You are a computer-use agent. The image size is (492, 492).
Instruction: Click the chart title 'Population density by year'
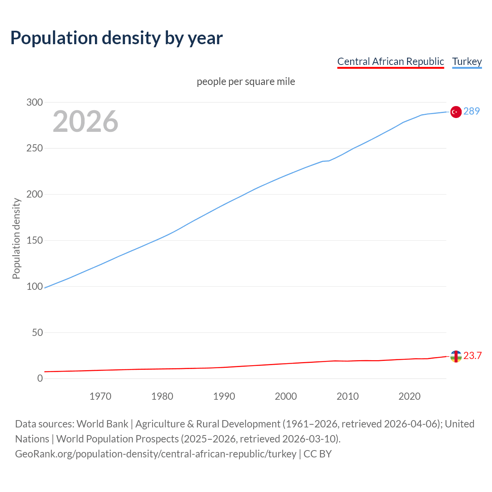click(x=116, y=38)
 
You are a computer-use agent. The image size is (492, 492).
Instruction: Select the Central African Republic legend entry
click(x=391, y=61)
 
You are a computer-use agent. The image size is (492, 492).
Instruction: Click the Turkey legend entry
click(x=467, y=61)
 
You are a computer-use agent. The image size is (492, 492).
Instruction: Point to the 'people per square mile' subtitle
click(x=246, y=81)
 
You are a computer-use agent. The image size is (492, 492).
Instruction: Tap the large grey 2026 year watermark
click(x=85, y=121)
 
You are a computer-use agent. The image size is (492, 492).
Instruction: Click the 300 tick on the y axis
click(x=35, y=102)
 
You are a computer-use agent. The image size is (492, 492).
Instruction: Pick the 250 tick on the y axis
click(x=35, y=148)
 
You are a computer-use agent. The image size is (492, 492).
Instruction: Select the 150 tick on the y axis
click(x=35, y=241)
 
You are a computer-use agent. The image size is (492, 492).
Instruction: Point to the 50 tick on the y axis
click(x=37, y=332)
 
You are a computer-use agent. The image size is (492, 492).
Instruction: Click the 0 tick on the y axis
click(x=40, y=378)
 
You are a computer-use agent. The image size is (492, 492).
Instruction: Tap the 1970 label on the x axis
click(x=100, y=396)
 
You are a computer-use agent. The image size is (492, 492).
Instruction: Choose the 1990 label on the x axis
click(x=224, y=396)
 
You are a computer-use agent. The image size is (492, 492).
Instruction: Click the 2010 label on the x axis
click(x=347, y=396)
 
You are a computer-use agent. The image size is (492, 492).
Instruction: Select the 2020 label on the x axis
click(x=409, y=396)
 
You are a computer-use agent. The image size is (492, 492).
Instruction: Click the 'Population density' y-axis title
click(x=16, y=238)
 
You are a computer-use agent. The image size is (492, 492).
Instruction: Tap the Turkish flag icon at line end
click(x=456, y=112)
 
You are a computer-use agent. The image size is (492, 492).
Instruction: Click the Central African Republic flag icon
click(x=456, y=356)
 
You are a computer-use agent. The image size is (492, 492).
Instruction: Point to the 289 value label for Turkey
click(x=472, y=111)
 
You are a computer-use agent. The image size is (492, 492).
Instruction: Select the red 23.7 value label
click(x=472, y=356)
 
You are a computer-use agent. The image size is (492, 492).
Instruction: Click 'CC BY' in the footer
click(x=317, y=454)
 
